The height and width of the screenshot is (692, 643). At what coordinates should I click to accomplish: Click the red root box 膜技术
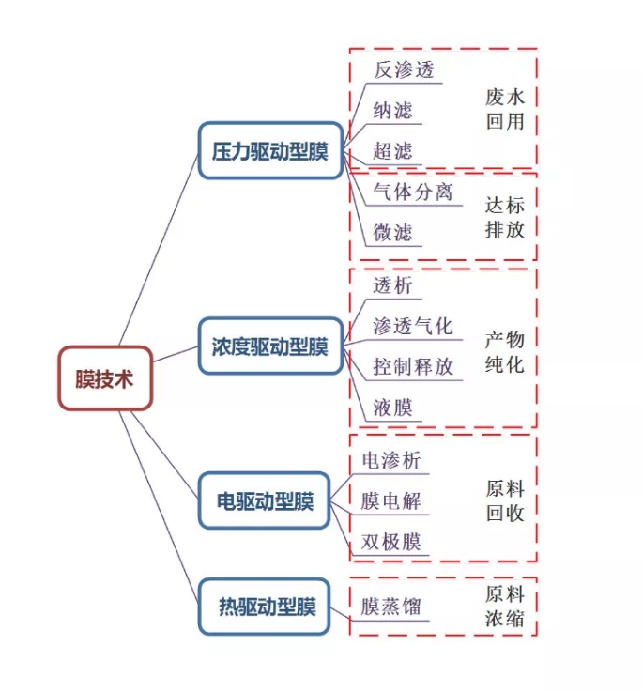click(x=105, y=378)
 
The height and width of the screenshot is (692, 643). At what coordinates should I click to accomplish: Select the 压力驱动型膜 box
click(x=270, y=151)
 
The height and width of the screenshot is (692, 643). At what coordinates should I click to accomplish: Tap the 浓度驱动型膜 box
click(x=270, y=347)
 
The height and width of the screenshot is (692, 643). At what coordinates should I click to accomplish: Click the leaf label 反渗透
click(x=405, y=70)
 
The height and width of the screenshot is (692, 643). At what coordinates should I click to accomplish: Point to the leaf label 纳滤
click(x=392, y=111)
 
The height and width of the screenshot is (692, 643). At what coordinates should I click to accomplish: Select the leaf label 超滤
click(x=392, y=151)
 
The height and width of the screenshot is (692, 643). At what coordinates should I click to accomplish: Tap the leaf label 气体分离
click(x=412, y=192)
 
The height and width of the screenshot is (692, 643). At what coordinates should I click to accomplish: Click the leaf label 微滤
click(x=392, y=232)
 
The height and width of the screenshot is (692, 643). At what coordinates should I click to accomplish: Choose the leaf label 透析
click(x=392, y=285)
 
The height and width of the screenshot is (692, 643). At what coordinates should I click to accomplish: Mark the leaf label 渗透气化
click(x=412, y=326)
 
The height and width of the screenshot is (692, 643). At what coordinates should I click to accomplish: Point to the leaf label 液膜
click(x=392, y=408)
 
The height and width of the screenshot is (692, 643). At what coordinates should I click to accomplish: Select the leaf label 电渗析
click(x=391, y=461)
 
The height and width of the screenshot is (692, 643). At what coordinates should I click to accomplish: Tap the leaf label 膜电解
click(x=391, y=501)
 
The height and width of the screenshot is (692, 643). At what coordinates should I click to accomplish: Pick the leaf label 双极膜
click(x=391, y=542)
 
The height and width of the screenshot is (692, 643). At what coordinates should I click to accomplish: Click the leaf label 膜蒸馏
click(x=391, y=607)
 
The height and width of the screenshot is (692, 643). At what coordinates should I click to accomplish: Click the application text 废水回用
click(x=504, y=109)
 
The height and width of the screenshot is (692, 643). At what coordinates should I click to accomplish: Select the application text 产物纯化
click(x=504, y=351)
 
